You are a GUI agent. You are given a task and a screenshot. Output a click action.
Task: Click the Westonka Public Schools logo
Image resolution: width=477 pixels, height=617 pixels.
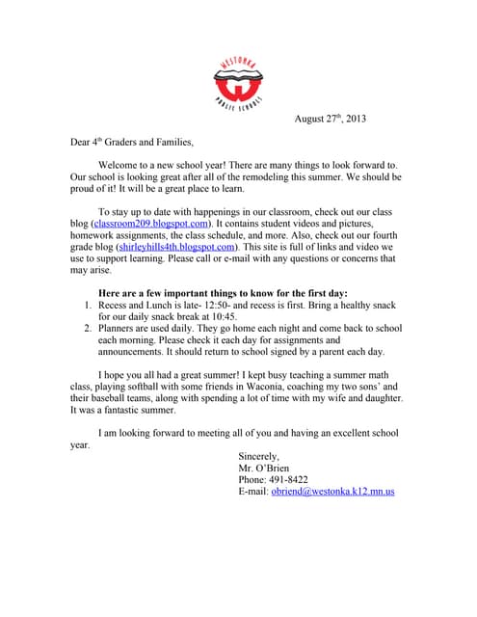[x=238, y=82]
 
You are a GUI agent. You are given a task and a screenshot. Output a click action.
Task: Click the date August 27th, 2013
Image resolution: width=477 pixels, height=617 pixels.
[x=330, y=119]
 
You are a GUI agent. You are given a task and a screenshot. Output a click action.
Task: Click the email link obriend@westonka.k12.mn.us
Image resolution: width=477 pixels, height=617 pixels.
[x=332, y=491]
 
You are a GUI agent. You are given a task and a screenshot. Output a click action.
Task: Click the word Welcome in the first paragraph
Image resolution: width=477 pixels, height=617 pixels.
[x=123, y=166]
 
